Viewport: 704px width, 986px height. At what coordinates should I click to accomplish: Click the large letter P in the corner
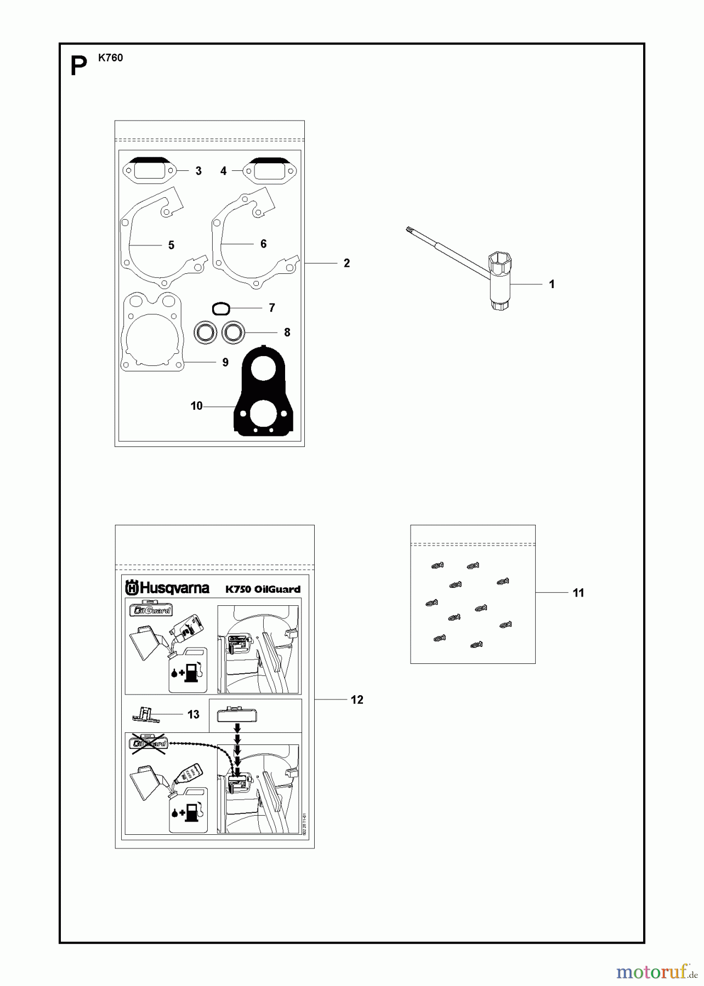point(79,67)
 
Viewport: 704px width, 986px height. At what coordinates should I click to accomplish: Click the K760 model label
point(111,58)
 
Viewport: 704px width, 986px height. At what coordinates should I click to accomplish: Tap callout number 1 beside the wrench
point(552,284)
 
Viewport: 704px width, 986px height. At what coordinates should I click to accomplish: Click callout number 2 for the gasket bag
point(347,263)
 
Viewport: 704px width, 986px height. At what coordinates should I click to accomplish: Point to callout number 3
point(198,171)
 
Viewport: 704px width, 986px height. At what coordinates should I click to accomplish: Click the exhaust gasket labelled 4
point(269,170)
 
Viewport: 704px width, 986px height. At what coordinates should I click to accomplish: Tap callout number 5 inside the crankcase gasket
point(171,245)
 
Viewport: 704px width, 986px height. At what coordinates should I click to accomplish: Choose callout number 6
point(263,244)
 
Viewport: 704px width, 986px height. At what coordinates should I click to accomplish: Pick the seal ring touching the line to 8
point(234,333)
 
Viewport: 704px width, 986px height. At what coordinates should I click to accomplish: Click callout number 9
point(225,362)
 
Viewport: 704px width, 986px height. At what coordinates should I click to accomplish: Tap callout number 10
point(196,406)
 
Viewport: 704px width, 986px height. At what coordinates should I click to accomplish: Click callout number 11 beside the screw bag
point(578,593)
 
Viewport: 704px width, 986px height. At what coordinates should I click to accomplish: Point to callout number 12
point(357,700)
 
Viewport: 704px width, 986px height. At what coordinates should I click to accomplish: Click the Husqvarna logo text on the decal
point(168,588)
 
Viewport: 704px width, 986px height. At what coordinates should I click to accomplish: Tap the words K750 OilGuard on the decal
point(263,589)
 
